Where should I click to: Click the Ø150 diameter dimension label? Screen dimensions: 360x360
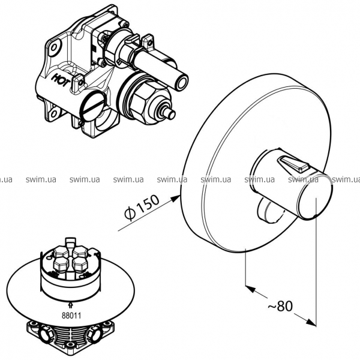point(142,208)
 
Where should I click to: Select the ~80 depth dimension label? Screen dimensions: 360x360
point(280,306)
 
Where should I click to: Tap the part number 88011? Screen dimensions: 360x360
point(71,316)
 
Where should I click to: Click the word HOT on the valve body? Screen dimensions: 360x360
point(61,80)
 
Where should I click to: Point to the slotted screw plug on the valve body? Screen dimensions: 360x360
point(92,106)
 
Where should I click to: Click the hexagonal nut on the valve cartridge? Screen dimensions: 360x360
point(140,101)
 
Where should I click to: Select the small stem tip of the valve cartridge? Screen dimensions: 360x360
point(169,113)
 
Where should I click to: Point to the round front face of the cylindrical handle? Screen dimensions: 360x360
point(315,197)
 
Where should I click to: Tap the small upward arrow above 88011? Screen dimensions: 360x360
point(71,305)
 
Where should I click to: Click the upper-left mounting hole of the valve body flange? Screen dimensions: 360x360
point(54,48)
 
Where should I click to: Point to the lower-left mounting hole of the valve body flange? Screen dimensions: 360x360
point(53,113)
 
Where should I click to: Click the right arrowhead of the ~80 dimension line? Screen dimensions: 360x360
point(311,322)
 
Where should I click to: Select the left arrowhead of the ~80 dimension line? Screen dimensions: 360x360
point(251,289)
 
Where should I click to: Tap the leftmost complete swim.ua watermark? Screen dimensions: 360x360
point(41,179)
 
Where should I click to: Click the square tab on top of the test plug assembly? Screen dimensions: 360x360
point(70,242)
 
